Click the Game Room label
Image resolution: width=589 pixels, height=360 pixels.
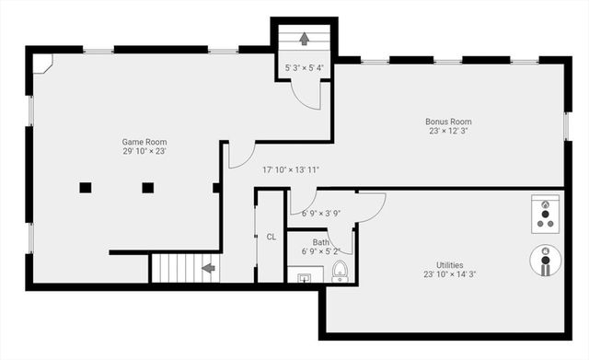click(x=144, y=142)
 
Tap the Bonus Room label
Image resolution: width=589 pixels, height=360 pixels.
click(x=448, y=122)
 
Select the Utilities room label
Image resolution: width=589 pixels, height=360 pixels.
click(x=449, y=264)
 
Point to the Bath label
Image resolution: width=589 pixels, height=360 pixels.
click(x=320, y=243)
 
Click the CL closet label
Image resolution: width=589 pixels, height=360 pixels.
click(x=271, y=237)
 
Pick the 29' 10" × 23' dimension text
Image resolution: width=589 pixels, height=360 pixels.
click(x=144, y=152)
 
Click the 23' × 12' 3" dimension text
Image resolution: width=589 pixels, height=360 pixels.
click(x=448, y=132)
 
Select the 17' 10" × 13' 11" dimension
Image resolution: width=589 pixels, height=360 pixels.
click(x=291, y=169)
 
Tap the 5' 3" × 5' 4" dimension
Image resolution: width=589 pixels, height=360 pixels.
click(x=305, y=68)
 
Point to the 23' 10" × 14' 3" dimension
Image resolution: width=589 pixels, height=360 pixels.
click(x=449, y=274)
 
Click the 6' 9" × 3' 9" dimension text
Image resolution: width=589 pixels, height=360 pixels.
click(x=321, y=214)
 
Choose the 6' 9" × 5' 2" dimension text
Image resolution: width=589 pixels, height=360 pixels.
click(x=320, y=251)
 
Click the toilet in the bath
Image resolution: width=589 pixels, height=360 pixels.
click(x=340, y=272)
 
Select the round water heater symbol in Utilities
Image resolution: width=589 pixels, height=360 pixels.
click(x=546, y=261)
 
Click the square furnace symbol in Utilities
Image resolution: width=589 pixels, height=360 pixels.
click(x=545, y=212)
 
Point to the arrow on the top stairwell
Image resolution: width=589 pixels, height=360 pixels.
click(x=305, y=38)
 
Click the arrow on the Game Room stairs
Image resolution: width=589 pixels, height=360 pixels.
click(x=209, y=269)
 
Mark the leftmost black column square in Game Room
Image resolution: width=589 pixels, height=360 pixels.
click(x=86, y=187)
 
